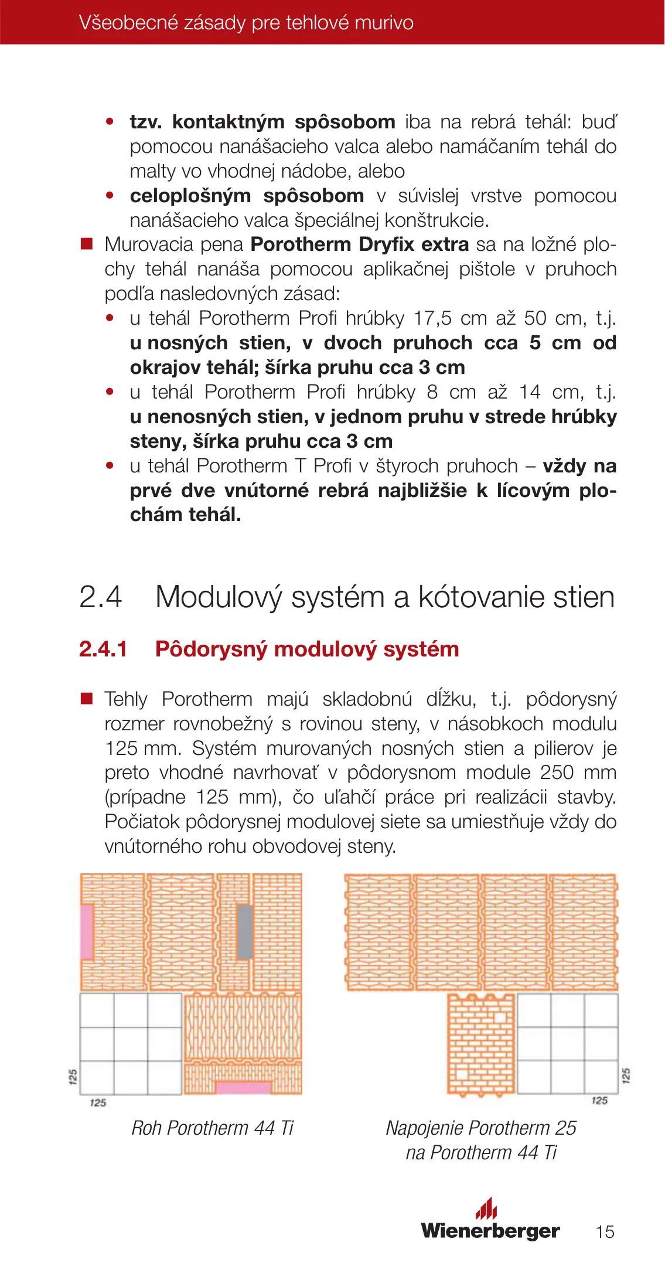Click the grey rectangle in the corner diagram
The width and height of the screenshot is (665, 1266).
pyautogui.click(x=245, y=931)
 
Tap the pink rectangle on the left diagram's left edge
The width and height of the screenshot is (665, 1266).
pyautogui.click(x=87, y=931)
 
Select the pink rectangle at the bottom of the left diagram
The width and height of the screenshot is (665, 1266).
pyautogui.click(x=243, y=1087)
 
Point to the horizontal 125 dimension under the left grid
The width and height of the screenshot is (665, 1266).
pyautogui.click(x=98, y=1102)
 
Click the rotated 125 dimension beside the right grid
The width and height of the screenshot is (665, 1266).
pyautogui.click(x=626, y=1076)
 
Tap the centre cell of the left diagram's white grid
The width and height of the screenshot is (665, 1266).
pyautogui.click(x=131, y=1044)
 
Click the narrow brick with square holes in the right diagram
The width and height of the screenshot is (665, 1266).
pyautogui.click(x=482, y=1044)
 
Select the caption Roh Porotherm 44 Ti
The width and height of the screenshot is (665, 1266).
pyautogui.click(x=212, y=1128)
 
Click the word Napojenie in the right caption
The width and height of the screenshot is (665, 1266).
pyautogui.click(x=425, y=1128)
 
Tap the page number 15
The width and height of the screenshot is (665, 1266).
pyautogui.click(x=605, y=1231)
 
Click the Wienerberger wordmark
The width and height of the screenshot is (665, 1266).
pyautogui.click(x=490, y=1230)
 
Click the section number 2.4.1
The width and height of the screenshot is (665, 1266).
pyautogui.click(x=103, y=649)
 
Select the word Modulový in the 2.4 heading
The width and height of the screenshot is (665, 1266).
pyautogui.click(x=219, y=597)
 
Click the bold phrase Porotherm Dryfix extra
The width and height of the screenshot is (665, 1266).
pyautogui.click(x=360, y=244)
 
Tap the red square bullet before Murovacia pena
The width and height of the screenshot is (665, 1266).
pyautogui.click(x=87, y=244)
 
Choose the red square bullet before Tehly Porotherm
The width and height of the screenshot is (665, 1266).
pyautogui.click(x=87, y=699)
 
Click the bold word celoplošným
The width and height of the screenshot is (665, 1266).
pyautogui.click(x=190, y=196)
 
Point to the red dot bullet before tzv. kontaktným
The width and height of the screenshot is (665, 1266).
pyautogui.click(x=110, y=122)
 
